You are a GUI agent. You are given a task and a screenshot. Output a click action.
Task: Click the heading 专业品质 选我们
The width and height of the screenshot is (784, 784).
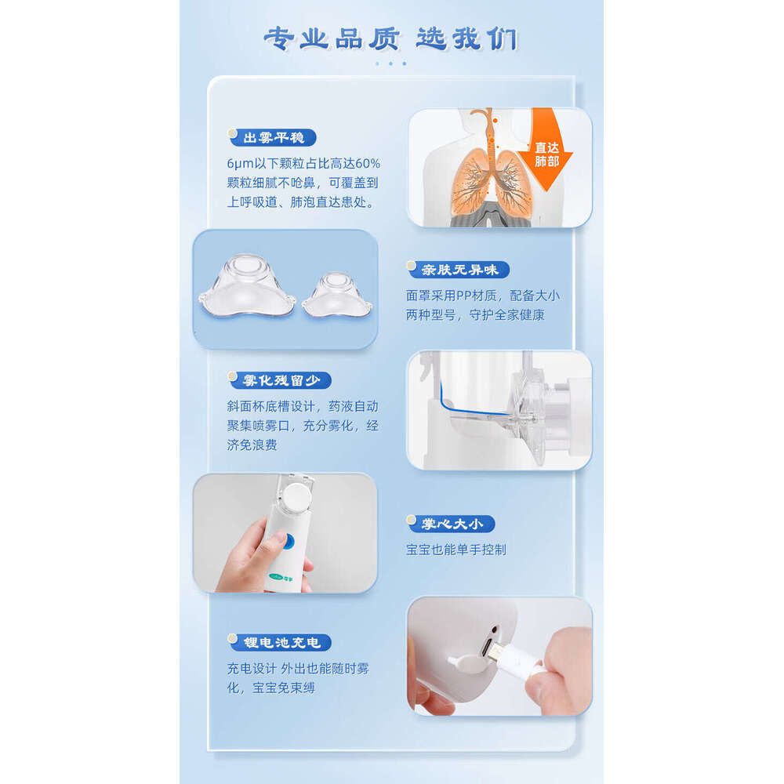tap(391, 39)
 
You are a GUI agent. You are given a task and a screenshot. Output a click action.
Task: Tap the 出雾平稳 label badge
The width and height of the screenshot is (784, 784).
tap(273, 137)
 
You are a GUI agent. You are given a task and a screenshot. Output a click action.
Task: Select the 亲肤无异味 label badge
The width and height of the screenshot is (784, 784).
tap(459, 270)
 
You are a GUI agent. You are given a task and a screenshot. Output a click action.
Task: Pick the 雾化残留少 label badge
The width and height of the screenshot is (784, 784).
tap(280, 380)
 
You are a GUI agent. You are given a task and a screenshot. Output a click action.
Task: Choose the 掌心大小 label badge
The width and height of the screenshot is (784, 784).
tap(451, 524)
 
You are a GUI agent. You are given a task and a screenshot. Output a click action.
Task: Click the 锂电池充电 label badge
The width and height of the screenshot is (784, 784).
tap(280, 643)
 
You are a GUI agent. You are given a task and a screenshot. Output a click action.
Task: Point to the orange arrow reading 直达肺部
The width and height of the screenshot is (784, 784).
tap(546, 149)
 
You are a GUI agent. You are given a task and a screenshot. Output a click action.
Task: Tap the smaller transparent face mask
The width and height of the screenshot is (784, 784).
tap(337, 295)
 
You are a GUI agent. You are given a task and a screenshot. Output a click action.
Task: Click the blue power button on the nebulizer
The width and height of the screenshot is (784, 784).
tap(288, 542)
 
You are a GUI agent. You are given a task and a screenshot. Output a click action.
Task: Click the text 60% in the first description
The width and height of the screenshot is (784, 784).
tap(368, 164)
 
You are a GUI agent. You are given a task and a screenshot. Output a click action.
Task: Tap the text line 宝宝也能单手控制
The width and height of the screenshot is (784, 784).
tap(456, 550)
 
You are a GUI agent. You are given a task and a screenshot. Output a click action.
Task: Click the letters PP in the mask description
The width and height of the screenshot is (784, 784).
tap(464, 296)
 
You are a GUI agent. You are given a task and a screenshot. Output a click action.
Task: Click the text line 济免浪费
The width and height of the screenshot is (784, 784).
tap(252, 445)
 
